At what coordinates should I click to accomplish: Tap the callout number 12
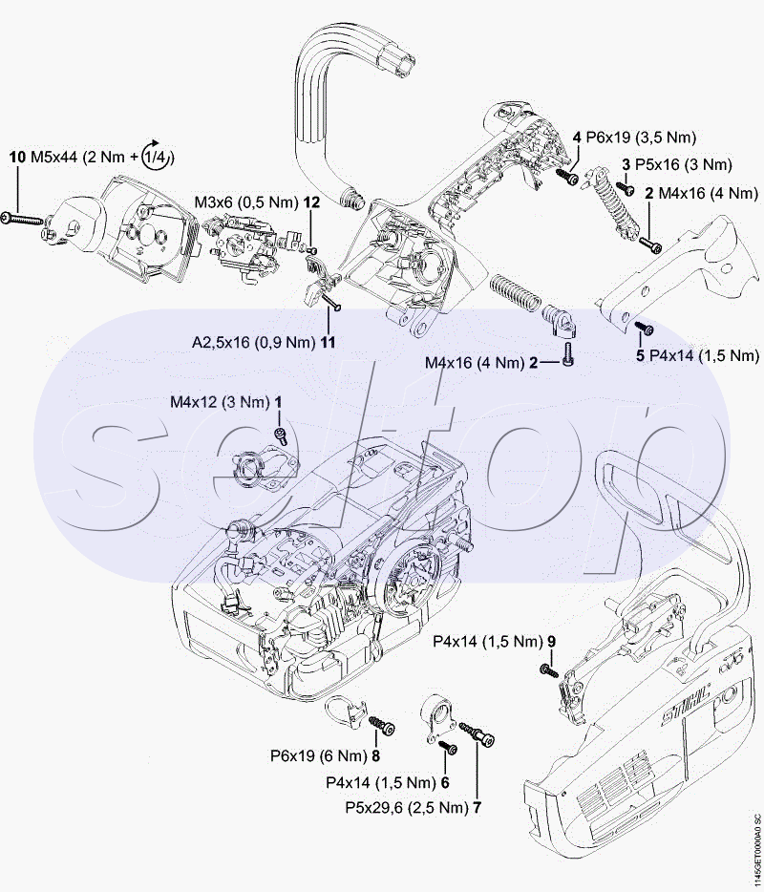pyautogui.click(x=311, y=202)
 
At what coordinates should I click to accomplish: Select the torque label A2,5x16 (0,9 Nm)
pyautogui.click(x=252, y=340)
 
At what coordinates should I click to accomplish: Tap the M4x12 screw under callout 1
pyautogui.click(x=280, y=435)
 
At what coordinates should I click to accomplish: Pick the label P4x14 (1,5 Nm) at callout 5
pyautogui.click(x=704, y=356)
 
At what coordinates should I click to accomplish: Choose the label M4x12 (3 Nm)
pyautogui.click(x=220, y=402)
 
